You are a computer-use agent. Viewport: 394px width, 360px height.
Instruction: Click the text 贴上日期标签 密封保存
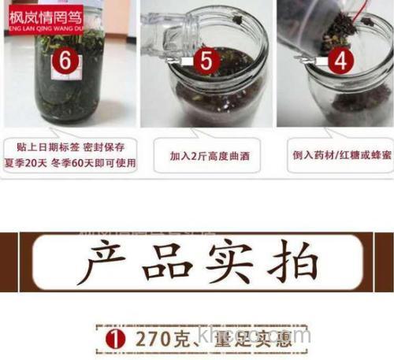69,147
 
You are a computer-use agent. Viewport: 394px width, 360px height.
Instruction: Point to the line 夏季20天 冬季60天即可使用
69,164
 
